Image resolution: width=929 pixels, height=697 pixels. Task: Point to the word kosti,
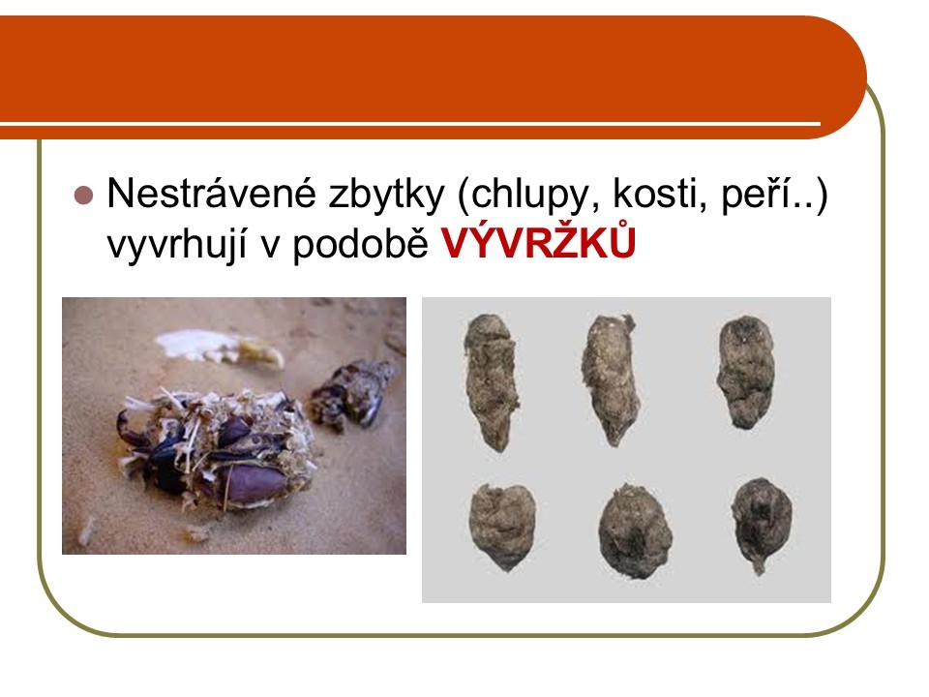pos(660,194)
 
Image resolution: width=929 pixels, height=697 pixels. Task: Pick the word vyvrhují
pos(176,245)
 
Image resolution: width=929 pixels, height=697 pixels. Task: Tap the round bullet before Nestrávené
pos(84,195)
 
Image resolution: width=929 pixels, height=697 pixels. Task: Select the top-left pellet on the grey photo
pos(491,381)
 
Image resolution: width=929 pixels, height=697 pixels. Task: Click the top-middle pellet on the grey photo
pos(611,379)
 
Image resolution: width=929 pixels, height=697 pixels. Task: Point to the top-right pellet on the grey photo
pos(746,372)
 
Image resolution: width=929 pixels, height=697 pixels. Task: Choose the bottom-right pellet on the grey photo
pos(762,525)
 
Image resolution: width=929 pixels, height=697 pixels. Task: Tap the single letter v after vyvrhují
pos(270,247)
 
